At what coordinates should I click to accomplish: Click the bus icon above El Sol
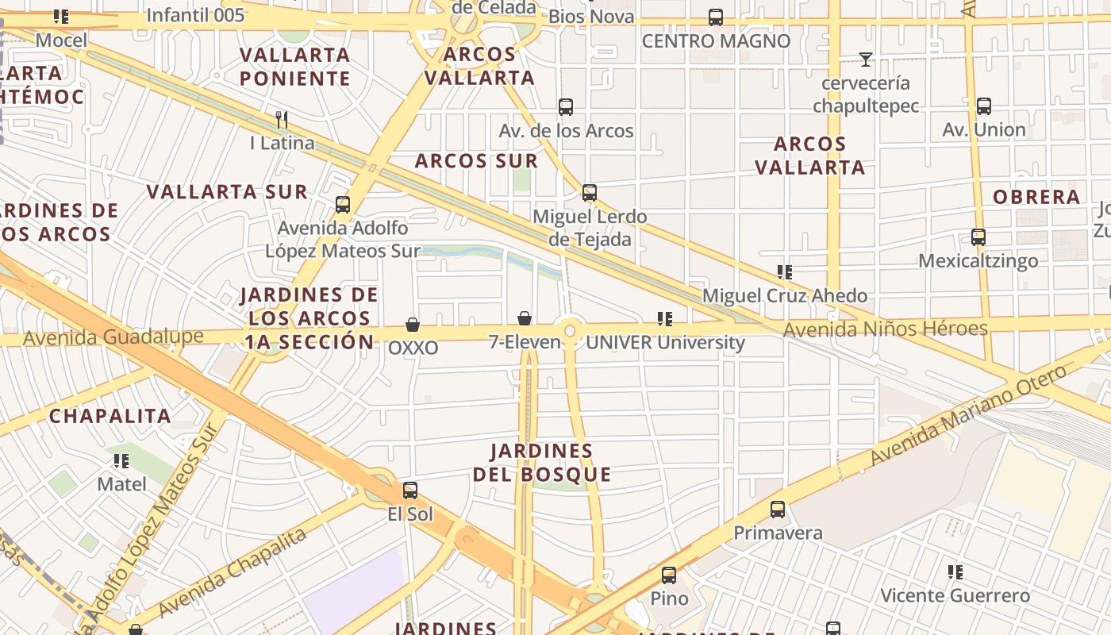coord(409,491)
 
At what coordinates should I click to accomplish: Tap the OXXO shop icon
coord(413,325)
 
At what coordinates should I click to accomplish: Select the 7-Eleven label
coord(525,342)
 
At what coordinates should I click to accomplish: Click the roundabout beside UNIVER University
coord(570,329)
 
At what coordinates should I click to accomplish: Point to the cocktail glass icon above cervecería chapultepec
coord(865,60)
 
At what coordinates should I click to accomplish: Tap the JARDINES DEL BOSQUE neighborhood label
coord(542,463)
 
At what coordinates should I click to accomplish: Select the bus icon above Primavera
coord(778,510)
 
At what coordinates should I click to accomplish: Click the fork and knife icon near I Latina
coord(281,120)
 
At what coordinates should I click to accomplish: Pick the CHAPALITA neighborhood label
coord(110,416)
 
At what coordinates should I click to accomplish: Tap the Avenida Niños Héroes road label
coord(885,329)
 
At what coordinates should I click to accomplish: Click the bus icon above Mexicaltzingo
coord(978,237)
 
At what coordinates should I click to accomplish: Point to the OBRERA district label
coord(1036,197)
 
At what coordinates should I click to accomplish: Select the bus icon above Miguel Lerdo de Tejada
coord(589,193)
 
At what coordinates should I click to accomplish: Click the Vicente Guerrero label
coord(955,595)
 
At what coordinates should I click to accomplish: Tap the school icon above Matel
coord(121,460)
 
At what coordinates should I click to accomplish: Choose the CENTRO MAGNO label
coord(716,41)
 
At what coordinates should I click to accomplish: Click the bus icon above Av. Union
coord(983,106)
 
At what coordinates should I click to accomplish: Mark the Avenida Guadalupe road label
coord(113,337)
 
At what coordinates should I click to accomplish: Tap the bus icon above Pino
coord(669,575)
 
